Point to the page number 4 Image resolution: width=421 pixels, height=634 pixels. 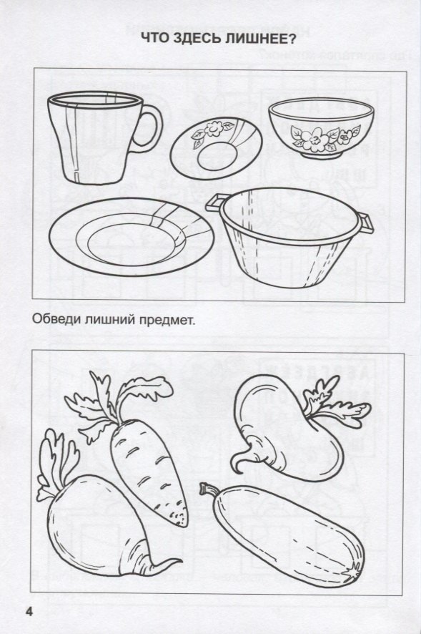[29, 611]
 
